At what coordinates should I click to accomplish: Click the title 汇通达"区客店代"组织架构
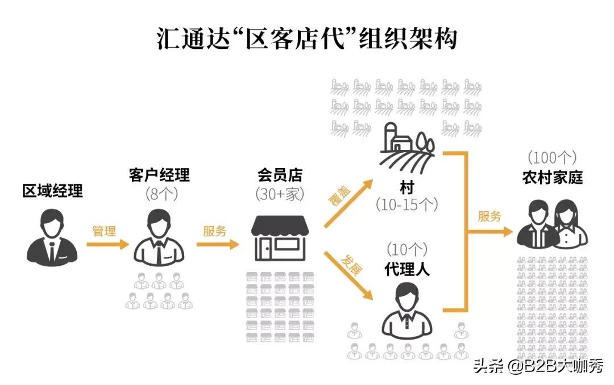pos(307,39)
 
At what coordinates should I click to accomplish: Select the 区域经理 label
pos(52,191)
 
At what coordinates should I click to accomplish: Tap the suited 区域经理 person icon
pos(52,237)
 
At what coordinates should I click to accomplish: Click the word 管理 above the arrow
pos(104,231)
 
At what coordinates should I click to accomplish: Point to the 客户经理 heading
pos(159,174)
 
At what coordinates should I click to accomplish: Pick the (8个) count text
pos(159,194)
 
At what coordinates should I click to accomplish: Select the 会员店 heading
pos(279,174)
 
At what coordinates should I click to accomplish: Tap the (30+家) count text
pos(279,194)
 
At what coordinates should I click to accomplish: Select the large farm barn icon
pos(407,145)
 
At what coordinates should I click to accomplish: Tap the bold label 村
pos(407,187)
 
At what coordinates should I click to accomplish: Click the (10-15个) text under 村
pos(407,204)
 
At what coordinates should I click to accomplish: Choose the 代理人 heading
pos(407,269)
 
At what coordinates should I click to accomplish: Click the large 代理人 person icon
pos(407,309)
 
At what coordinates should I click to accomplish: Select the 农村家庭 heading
pos(553,177)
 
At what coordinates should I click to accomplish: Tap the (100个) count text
pos(553,157)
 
